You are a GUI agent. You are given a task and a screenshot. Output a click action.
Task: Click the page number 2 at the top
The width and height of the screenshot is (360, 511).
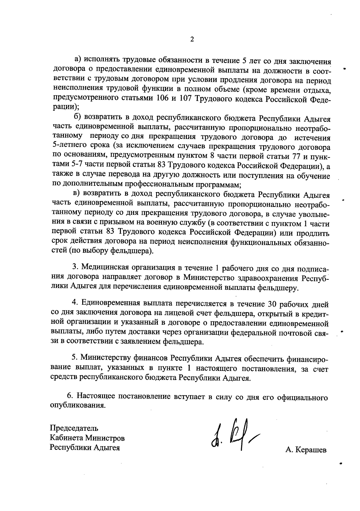tap(192, 39)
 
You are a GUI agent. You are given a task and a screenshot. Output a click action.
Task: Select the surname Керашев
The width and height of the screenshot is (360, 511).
tap(311, 450)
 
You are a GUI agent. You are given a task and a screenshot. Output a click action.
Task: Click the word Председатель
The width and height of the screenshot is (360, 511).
tap(74, 428)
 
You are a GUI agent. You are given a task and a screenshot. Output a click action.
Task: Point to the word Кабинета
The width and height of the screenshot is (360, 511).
tap(66, 438)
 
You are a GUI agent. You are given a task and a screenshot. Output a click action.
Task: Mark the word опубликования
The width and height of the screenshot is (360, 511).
tap(78, 406)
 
